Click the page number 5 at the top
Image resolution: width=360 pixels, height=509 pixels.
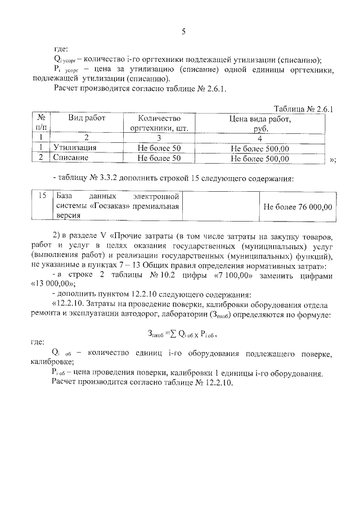183,31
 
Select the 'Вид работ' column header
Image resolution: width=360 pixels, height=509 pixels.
87,119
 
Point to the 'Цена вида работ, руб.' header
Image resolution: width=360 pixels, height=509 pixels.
259,123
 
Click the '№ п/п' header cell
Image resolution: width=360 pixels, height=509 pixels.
40,123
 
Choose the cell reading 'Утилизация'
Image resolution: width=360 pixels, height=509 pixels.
75,148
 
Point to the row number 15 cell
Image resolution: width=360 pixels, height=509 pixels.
40,196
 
